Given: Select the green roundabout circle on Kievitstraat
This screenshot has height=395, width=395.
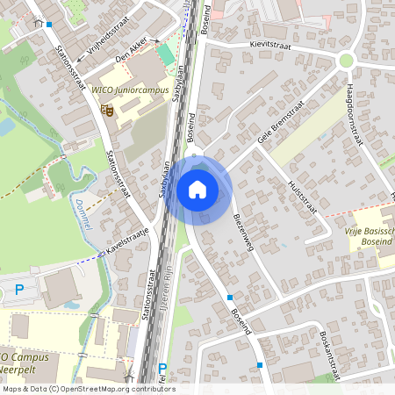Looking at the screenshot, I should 347,61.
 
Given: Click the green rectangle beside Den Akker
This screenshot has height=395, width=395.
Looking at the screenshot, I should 166,54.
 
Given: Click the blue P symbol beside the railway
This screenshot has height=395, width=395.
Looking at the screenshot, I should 162,370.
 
